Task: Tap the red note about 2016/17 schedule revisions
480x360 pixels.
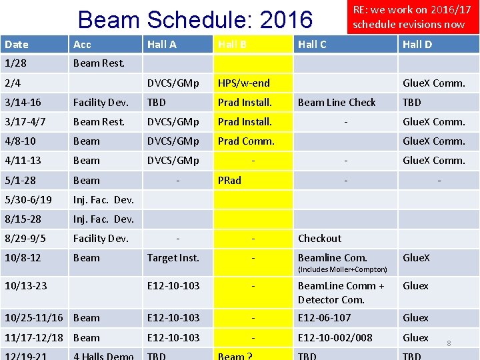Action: coord(408,17)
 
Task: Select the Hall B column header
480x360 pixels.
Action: coord(232,44)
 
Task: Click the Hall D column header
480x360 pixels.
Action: coord(417,44)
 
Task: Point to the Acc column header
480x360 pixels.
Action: coord(82,44)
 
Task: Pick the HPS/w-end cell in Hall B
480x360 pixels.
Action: coord(243,83)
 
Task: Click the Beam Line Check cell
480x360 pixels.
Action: coord(337,103)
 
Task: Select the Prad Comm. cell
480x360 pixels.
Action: coord(245,141)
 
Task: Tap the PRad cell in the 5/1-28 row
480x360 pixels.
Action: coord(229,181)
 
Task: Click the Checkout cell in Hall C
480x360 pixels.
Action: coord(319,239)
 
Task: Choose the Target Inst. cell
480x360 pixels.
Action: coord(173,258)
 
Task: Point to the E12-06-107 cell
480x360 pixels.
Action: coord(324,318)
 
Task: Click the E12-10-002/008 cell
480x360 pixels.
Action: coord(335,338)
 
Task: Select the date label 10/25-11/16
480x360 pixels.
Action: coord(33,318)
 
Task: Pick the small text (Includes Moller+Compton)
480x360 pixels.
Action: coord(342,269)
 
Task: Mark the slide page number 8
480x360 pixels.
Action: coord(449,343)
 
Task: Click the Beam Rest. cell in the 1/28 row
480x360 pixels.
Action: coord(98,64)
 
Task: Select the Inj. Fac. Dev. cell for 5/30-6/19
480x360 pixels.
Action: coord(103,200)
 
